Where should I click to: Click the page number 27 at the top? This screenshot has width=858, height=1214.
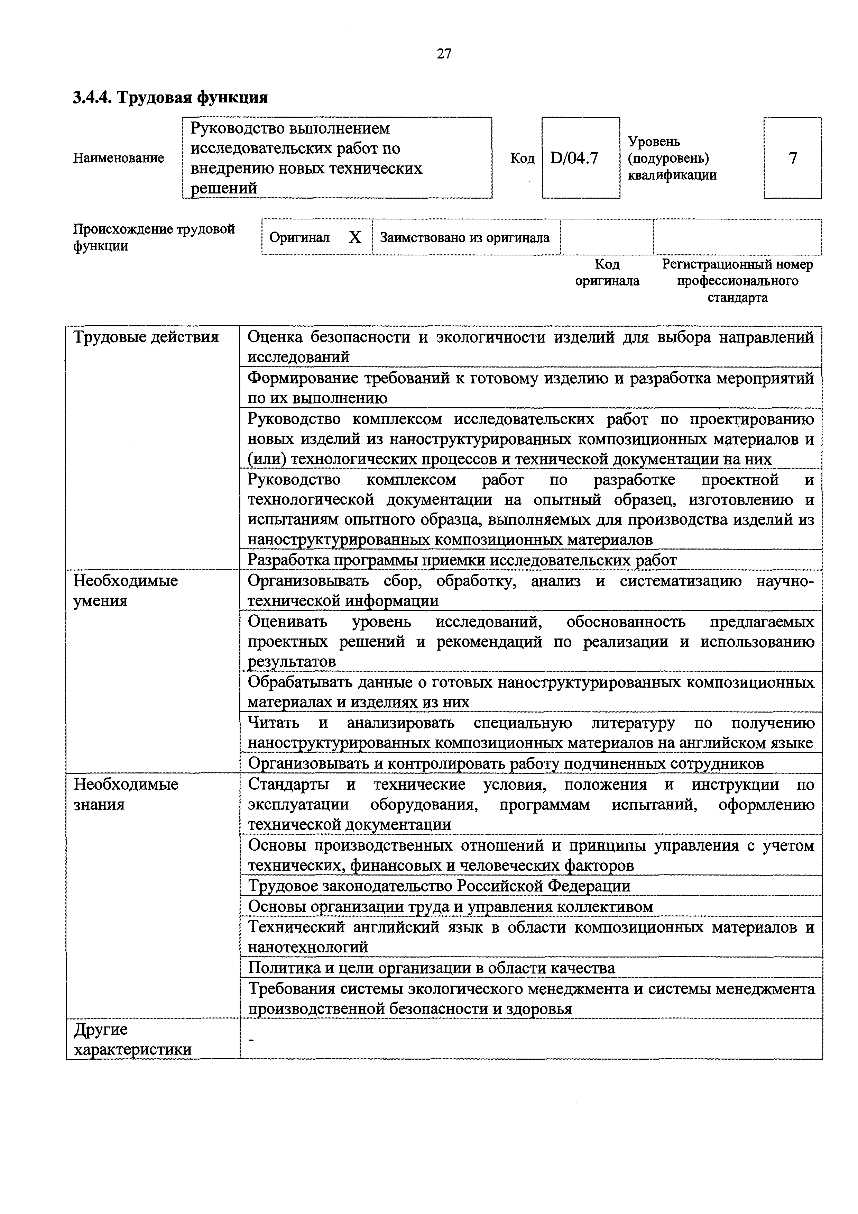click(444, 54)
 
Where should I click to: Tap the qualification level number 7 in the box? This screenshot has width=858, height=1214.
click(793, 158)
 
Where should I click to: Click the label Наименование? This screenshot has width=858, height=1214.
click(118, 158)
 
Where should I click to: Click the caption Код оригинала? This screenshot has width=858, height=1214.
click(607, 272)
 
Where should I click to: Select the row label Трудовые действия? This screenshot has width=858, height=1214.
click(146, 337)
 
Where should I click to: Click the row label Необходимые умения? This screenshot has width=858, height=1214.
click(126, 591)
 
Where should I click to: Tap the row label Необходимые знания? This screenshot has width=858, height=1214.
click(126, 794)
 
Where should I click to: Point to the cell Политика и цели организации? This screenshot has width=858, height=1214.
click(431, 968)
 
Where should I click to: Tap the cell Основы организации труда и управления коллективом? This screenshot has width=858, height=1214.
click(450, 907)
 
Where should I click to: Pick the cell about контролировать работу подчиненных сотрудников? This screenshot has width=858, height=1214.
click(506, 763)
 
